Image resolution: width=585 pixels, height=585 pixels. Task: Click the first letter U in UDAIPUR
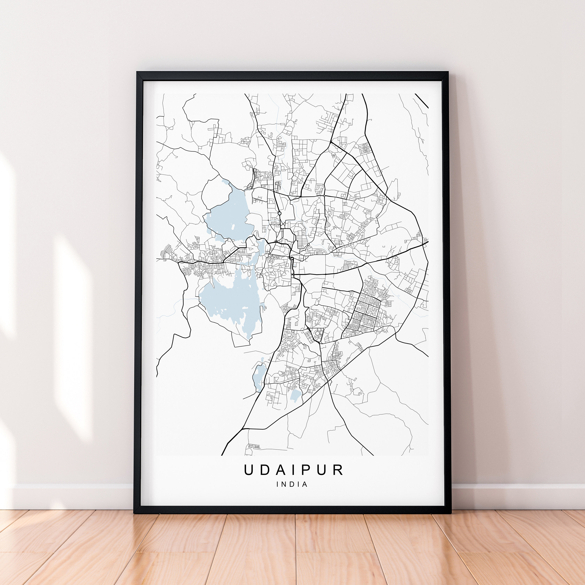point(249,469)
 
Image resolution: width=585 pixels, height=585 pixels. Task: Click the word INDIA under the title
point(292,484)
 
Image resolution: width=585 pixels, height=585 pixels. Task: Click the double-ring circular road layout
point(317,333)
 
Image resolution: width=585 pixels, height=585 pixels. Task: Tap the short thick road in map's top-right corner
point(421,101)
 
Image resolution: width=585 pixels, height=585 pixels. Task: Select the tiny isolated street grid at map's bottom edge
point(254,446)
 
